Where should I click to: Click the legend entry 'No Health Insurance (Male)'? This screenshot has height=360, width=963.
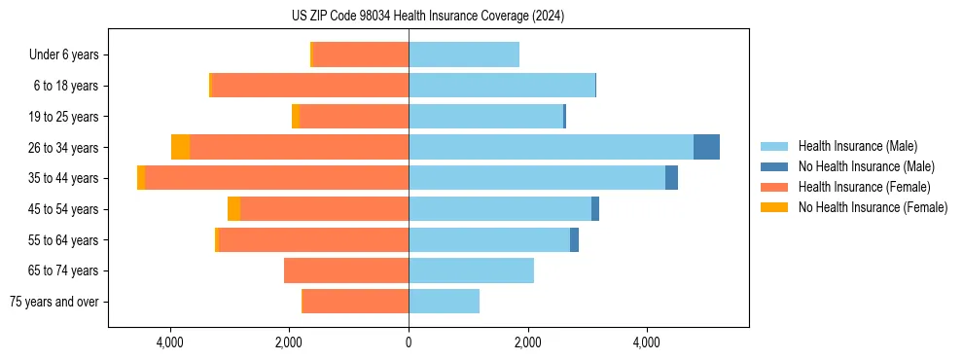coord(866,166)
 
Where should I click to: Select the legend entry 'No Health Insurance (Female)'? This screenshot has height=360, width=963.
coord(873,207)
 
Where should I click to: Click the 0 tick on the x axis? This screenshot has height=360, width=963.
coord(409,342)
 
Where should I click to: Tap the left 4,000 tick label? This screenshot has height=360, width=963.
coord(170,342)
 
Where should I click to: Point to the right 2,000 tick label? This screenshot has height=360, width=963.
coord(527,342)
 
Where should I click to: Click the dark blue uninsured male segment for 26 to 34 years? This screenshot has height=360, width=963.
coord(706,147)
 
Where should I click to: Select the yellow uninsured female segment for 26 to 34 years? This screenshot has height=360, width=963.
coord(180,147)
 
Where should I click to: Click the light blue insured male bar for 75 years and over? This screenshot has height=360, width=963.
coord(444,302)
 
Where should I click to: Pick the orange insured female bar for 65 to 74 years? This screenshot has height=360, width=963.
coord(346,270)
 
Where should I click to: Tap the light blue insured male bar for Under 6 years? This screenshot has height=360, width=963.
coord(464,54)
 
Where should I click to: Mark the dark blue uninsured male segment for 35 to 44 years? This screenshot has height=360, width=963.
coord(671,178)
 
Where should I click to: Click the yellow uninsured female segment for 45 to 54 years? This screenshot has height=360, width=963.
coord(233,209)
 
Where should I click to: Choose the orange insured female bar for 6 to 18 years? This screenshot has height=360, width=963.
coord(309,86)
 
